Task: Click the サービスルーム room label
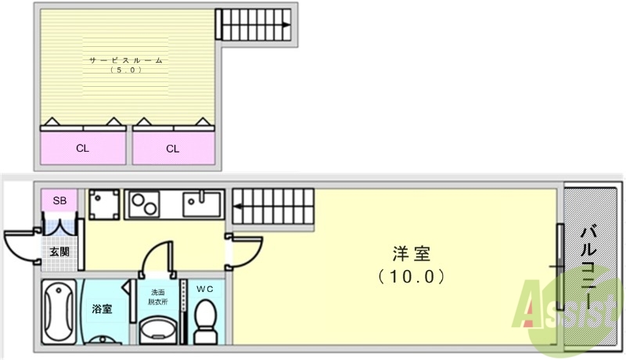[x=125, y=59]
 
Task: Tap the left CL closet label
[x=82, y=147]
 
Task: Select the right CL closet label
[x=172, y=147]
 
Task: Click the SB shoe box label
[x=59, y=200]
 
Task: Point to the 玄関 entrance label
[x=59, y=251]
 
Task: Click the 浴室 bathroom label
[x=101, y=308]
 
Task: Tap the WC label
[x=204, y=289]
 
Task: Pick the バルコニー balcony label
[x=591, y=266]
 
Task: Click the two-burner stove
[x=144, y=204]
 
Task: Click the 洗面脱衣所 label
[x=159, y=297]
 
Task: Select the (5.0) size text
[x=125, y=70]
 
